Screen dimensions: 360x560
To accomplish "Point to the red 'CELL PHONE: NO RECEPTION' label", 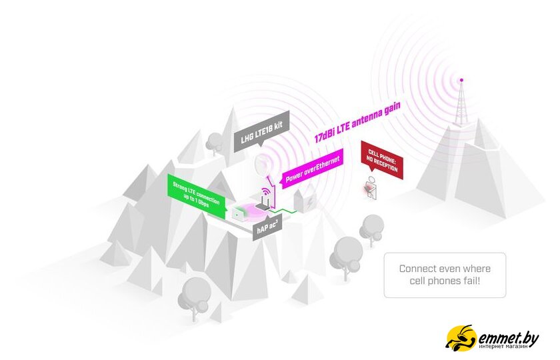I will (382, 159).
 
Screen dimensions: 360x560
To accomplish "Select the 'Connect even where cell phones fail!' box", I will (445, 275).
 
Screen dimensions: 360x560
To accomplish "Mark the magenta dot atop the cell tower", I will (460, 80).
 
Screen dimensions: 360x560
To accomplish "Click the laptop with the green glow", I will (238, 214).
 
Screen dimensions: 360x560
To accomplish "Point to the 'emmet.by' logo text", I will (508, 337).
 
